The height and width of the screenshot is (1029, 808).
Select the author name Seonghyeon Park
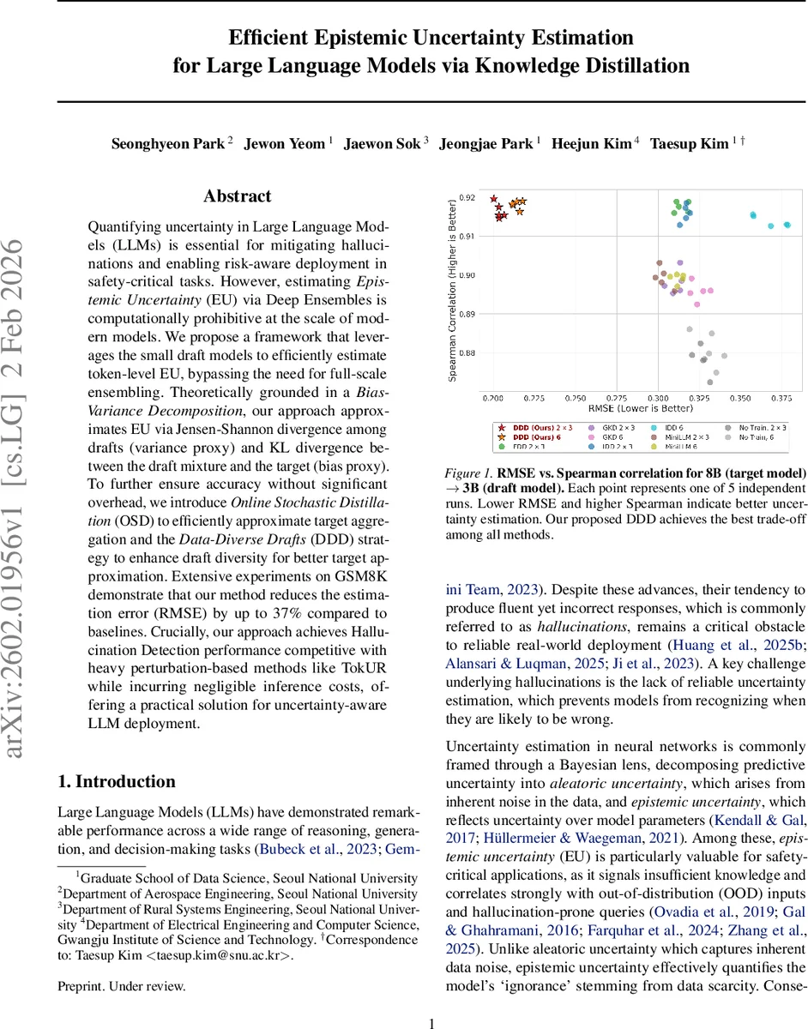(x=168, y=144)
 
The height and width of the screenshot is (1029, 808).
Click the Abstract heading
(x=237, y=196)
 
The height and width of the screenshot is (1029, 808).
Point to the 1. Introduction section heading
(x=116, y=781)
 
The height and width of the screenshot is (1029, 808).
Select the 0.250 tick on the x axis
(x=576, y=399)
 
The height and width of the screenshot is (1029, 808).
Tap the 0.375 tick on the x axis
(x=781, y=399)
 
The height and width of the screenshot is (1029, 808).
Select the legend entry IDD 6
(x=675, y=426)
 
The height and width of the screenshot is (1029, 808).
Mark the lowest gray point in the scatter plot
(x=710, y=382)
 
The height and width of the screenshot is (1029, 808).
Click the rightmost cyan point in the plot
(x=787, y=225)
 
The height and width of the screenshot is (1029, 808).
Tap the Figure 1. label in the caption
(x=467, y=472)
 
